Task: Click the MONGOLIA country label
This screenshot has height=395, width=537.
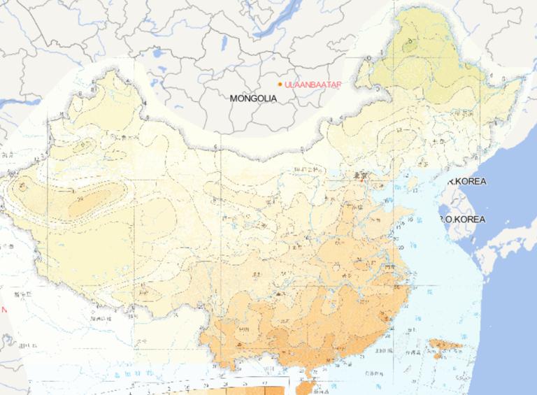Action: (253, 99)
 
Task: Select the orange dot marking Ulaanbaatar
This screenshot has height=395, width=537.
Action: (280, 85)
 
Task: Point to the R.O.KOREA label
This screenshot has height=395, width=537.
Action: (462, 219)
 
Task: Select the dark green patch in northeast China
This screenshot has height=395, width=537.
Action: (408, 45)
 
